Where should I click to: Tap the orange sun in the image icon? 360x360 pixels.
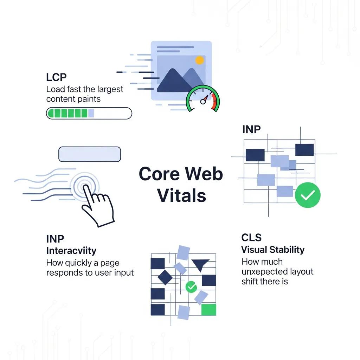200,60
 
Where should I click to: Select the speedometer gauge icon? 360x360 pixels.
203,99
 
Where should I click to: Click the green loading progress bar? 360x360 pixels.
89,113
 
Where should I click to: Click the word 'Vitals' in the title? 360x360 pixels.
181,195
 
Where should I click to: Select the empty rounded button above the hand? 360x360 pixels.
90,154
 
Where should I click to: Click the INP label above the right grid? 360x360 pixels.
251,129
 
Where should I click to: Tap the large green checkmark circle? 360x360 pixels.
308,195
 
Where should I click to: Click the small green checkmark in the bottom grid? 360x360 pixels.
191,287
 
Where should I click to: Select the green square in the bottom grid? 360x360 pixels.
208,310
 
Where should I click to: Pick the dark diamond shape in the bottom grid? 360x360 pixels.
165,277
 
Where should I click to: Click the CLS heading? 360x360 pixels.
251,238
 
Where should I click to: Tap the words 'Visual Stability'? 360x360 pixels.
273,250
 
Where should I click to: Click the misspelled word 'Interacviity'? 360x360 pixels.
71,251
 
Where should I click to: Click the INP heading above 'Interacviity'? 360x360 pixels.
55,239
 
